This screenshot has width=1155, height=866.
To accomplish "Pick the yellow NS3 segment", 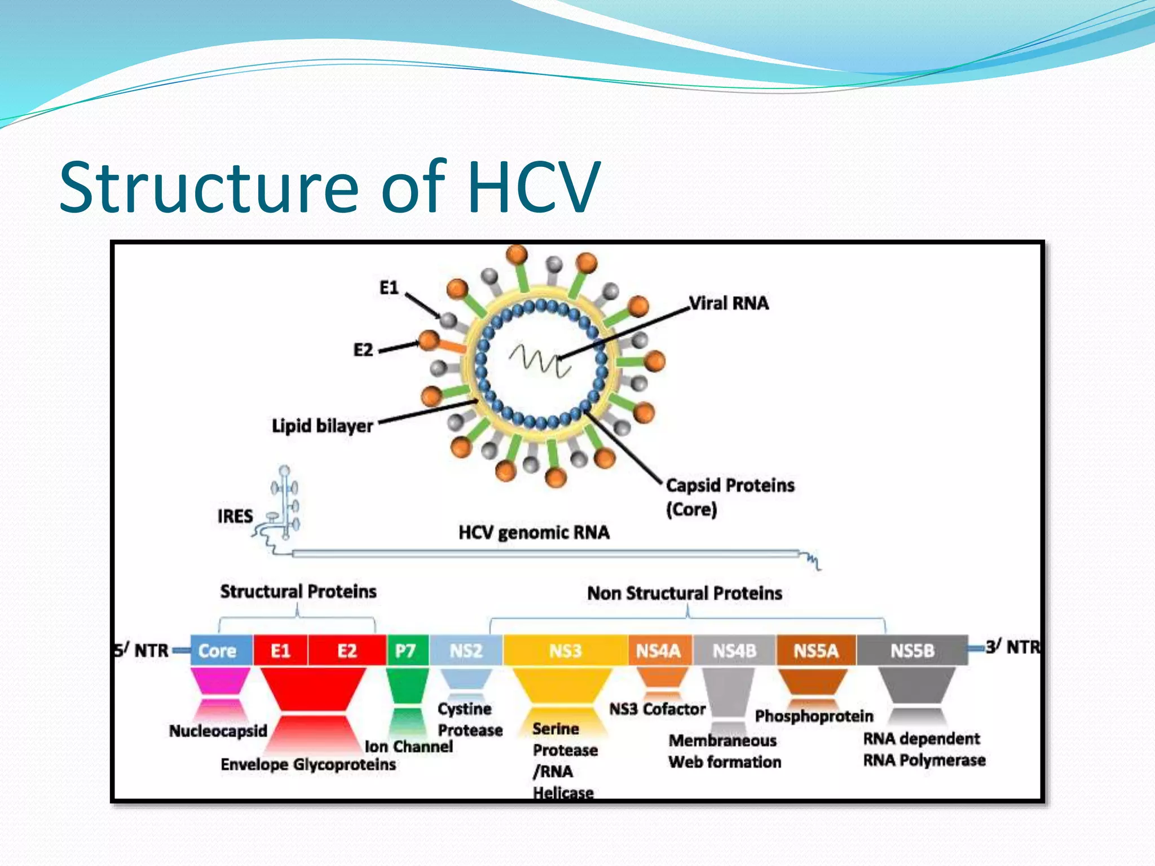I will coord(565,651).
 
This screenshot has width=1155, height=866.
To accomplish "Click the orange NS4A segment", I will coord(659,651).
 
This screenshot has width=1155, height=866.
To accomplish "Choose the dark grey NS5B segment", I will coord(912,651).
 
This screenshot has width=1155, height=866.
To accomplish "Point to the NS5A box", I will coord(815,651).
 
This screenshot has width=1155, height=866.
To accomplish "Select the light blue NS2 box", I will coord(466,651).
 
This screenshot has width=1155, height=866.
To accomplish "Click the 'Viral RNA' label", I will coord(729,303).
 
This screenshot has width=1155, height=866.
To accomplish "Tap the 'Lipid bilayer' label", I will coord(323,425).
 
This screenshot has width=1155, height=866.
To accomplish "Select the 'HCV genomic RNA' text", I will coord(534,532).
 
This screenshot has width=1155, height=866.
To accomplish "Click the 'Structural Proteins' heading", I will coord(298,591).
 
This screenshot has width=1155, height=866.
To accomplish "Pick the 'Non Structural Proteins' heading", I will coord(685,593).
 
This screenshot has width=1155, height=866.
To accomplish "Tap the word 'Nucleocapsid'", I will coord(218,731).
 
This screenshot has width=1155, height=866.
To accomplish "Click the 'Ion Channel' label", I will coord(408,746).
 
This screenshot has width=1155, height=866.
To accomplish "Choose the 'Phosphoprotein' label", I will coord(814,716).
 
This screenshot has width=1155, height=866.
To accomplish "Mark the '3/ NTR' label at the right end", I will coord(1013,647).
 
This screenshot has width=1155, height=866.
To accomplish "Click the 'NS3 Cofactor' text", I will coord(658,709).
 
